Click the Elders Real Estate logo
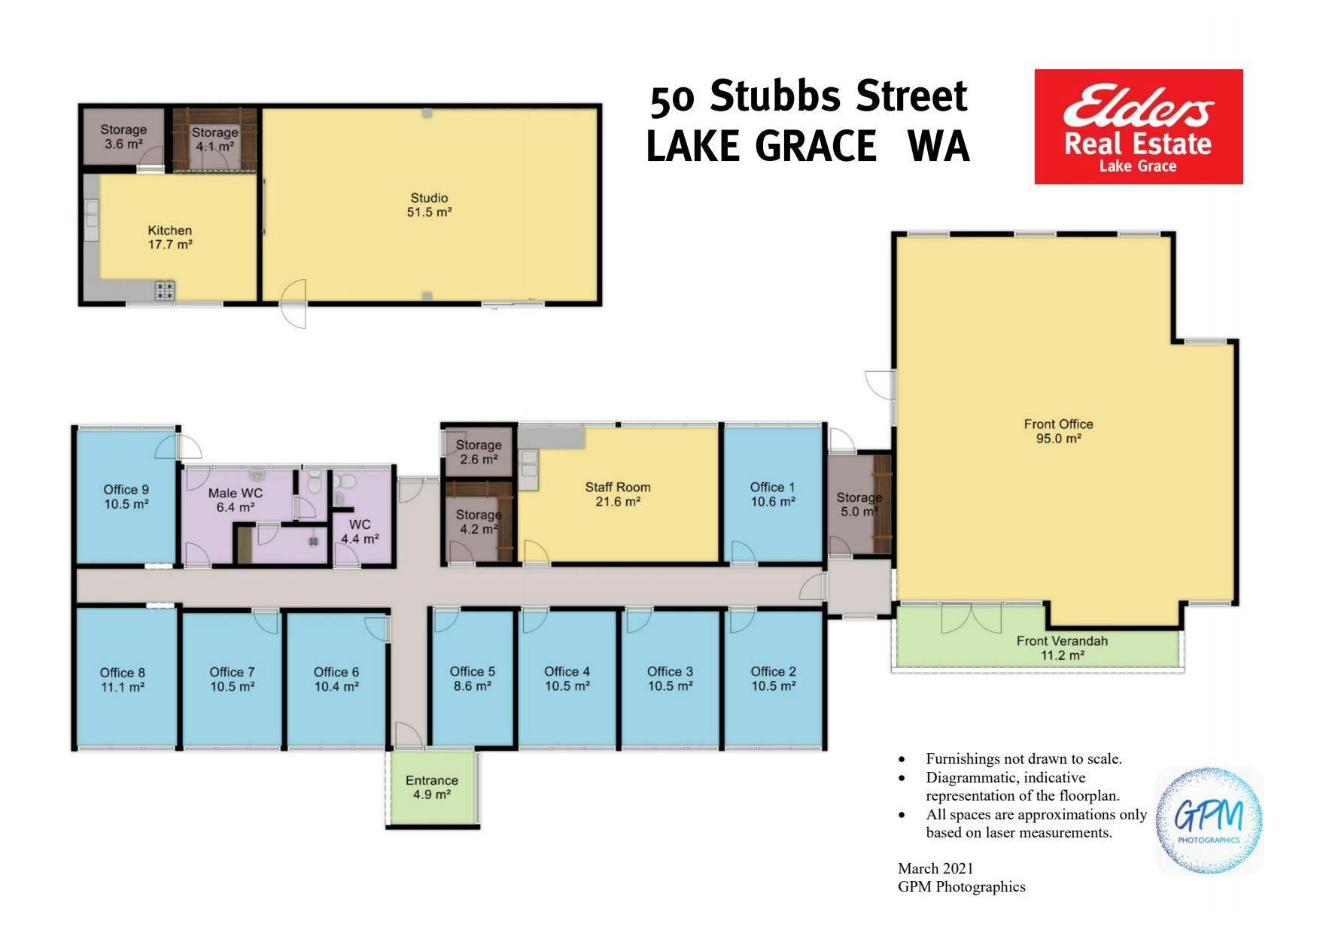pyautogui.click(x=1138, y=126)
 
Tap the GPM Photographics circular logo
pyautogui.click(x=1209, y=821)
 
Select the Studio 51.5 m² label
pyautogui.click(x=429, y=205)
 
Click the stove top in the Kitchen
pyautogui.click(x=165, y=290)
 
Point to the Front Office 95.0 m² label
pyautogui.click(x=1058, y=431)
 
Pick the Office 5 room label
pyautogui.click(x=473, y=679)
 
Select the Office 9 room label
pyautogui.click(x=126, y=497)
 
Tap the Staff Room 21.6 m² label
pyautogui.click(x=618, y=494)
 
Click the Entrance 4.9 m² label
pyautogui.click(x=432, y=787)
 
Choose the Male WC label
pyautogui.click(x=235, y=500)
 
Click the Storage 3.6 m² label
pyautogui.click(x=123, y=136)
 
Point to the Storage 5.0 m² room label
pyautogui.click(x=859, y=504)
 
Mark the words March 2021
pyautogui.click(x=935, y=868)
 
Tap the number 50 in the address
pyautogui.click(x=672, y=100)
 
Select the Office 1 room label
pyautogui.click(x=772, y=494)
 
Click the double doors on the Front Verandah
pyautogui.click(x=971, y=618)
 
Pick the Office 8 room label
pyautogui.click(x=123, y=679)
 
